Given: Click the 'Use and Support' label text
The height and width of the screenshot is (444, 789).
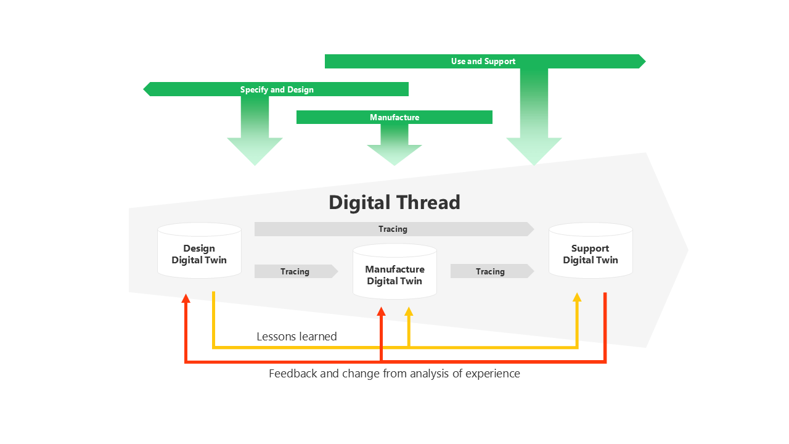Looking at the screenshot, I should click(x=483, y=62).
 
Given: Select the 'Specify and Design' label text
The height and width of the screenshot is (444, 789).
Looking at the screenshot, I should click(x=277, y=90).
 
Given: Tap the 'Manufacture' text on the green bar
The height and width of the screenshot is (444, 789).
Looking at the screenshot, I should click(x=394, y=118).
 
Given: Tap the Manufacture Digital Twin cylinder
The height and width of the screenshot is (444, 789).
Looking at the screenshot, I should click(x=394, y=275).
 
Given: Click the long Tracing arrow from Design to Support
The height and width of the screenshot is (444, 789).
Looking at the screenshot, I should click(x=393, y=229).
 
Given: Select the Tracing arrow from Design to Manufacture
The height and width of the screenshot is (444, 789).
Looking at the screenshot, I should click(x=295, y=271).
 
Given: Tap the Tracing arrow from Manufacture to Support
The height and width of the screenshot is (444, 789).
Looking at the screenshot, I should click(x=491, y=271).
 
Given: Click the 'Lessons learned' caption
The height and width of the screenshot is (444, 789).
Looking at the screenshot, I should click(x=296, y=337).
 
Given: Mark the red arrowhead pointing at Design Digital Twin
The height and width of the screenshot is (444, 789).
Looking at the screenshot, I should click(x=186, y=298).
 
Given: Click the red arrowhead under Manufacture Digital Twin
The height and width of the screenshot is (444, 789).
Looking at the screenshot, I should click(x=381, y=311).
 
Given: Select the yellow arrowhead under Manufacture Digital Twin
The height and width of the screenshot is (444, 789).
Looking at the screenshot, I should click(x=408, y=311).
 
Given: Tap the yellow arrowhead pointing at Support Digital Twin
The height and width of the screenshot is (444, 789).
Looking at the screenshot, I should click(x=577, y=297).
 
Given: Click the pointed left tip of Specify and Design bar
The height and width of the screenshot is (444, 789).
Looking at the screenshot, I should click(x=145, y=90).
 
